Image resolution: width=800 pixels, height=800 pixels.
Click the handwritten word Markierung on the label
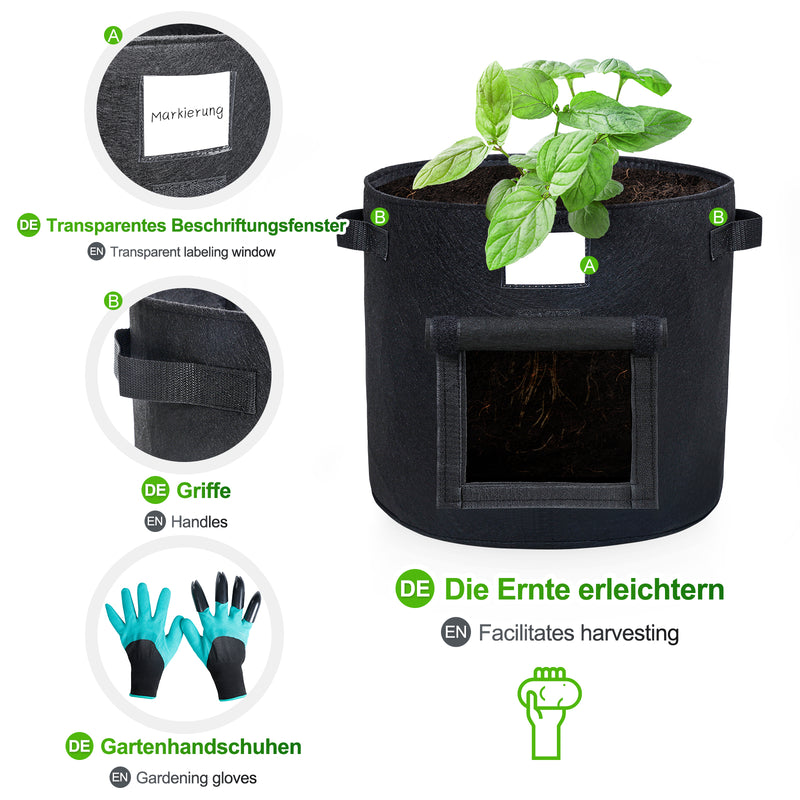187,114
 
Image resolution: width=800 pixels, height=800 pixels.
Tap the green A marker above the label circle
113,35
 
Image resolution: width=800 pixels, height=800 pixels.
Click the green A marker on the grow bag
589,265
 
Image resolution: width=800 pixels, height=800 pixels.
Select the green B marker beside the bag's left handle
380,216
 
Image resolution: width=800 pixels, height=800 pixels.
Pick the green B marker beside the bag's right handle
718,216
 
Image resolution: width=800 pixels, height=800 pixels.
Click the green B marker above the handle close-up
113,300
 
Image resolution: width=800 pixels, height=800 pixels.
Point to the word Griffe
203,491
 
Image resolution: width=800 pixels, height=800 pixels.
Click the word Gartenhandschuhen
201,746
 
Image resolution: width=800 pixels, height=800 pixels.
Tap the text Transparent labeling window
193,252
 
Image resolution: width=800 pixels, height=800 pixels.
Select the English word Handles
199,521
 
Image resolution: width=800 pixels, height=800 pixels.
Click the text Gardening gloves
197,777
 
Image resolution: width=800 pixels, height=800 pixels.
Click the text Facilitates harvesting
579,632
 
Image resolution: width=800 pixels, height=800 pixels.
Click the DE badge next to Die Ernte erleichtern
415,588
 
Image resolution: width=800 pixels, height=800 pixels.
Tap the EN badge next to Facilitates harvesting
456,632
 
